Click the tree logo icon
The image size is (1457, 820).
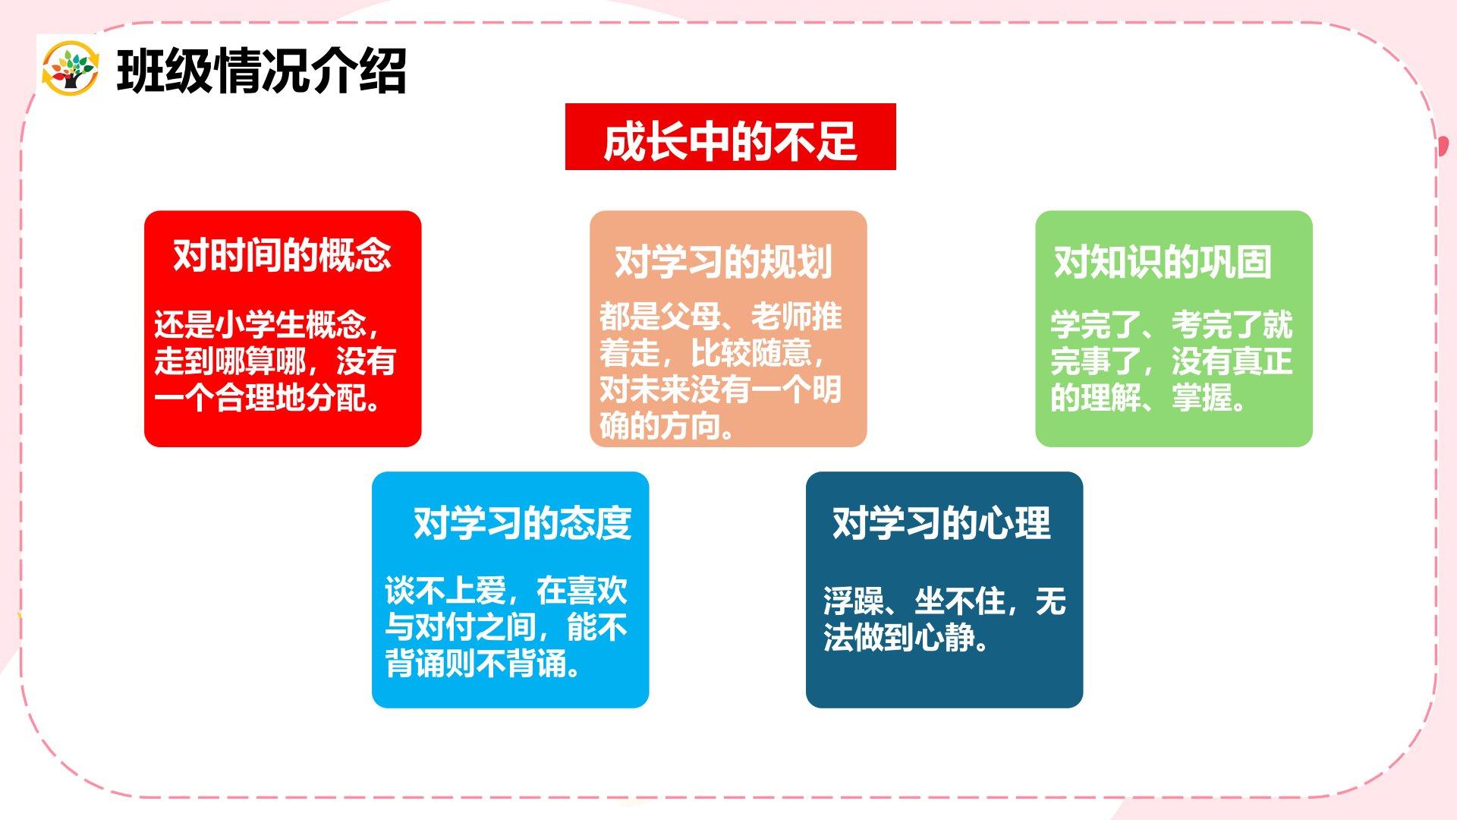pyautogui.click(x=71, y=68)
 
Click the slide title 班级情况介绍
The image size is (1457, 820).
pyautogui.click(x=262, y=71)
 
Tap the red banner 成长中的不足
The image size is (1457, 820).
pyautogui.click(x=730, y=137)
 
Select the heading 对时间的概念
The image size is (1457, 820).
pyautogui.click(x=282, y=255)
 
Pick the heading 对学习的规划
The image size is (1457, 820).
pyautogui.click(x=723, y=262)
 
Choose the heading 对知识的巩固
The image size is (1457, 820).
pyautogui.click(x=1163, y=262)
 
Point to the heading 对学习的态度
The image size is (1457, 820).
pyautogui.click(x=522, y=523)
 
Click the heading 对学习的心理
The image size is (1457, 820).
pyautogui.click(x=942, y=523)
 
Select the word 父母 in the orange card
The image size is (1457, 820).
pyautogui.click(x=691, y=317)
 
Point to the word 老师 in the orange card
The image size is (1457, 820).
pyautogui.click(x=781, y=317)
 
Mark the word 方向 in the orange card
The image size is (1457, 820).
pyautogui.click(x=691, y=426)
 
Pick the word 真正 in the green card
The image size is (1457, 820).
pyautogui.click(x=1263, y=361)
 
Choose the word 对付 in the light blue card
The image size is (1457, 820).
pyautogui.click(x=445, y=627)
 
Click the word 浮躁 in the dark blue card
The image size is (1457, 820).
pyautogui.click(x=854, y=601)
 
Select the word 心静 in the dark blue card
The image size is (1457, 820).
pyautogui.click(x=945, y=638)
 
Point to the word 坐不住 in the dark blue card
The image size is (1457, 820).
pyautogui.click(x=960, y=601)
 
